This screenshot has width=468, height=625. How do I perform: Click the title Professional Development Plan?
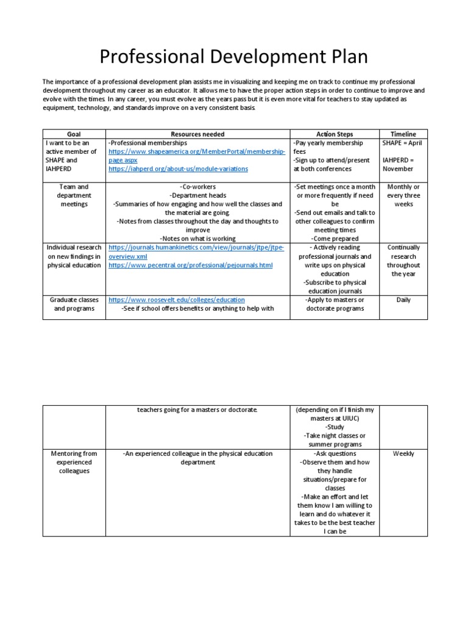tap(234, 57)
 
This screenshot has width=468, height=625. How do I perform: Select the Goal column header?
tap(73, 134)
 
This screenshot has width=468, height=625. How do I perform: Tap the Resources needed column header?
tap(197, 134)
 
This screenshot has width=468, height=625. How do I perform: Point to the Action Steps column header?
tap(335, 134)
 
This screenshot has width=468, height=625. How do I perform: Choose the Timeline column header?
tap(403, 134)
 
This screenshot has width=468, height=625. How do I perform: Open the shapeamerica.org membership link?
tap(196, 156)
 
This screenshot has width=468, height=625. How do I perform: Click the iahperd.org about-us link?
tap(178, 169)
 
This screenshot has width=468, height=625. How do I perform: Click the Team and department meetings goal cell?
tap(74, 195)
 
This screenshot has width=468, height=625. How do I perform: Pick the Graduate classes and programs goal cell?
tap(74, 304)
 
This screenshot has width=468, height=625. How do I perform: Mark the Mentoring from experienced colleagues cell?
tap(74, 462)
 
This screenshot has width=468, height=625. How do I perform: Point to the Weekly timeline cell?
tap(403, 453)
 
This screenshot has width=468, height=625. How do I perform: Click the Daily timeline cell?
tap(403, 300)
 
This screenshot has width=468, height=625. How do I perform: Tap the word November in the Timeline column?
tap(397, 169)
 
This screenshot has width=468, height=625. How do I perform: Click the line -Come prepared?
tap(335, 239)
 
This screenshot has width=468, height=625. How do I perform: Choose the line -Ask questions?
tap(335, 453)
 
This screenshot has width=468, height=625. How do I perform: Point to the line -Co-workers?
tap(197, 187)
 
